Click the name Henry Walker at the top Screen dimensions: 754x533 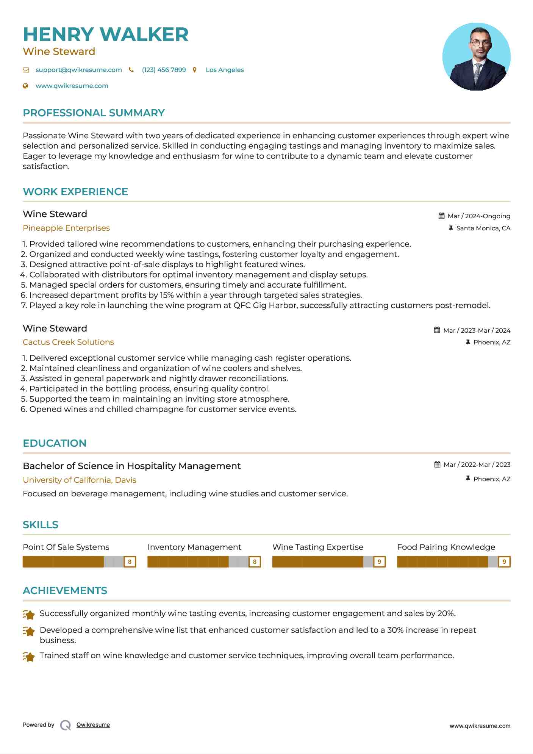point(106,34)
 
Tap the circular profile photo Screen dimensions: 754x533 point(476,57)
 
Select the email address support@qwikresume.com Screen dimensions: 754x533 point(78,70)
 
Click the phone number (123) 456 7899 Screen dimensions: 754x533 point(164,70)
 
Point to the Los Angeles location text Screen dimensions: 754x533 point(225,70)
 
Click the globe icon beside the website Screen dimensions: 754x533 point(25,86)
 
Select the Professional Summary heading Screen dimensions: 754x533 point(94,113)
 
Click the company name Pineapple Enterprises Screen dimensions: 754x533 point(66,228)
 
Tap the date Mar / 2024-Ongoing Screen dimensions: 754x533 point(478,216)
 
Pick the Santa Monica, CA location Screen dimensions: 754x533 point(483,228)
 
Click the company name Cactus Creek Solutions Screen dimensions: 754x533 point(68,342)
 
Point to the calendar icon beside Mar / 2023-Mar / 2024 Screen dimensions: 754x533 point(437,330)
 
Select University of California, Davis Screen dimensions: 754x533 point(80,480)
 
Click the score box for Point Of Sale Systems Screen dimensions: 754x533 point(130,562)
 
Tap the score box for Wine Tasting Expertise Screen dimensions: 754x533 point(379,562)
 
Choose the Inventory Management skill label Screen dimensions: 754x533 point(194,547)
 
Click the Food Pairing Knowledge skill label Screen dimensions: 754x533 point(446,547)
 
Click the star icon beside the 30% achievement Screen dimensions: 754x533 point(29,631)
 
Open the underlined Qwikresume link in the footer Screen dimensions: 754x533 point(93,725)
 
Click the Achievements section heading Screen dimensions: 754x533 point(65,591)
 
